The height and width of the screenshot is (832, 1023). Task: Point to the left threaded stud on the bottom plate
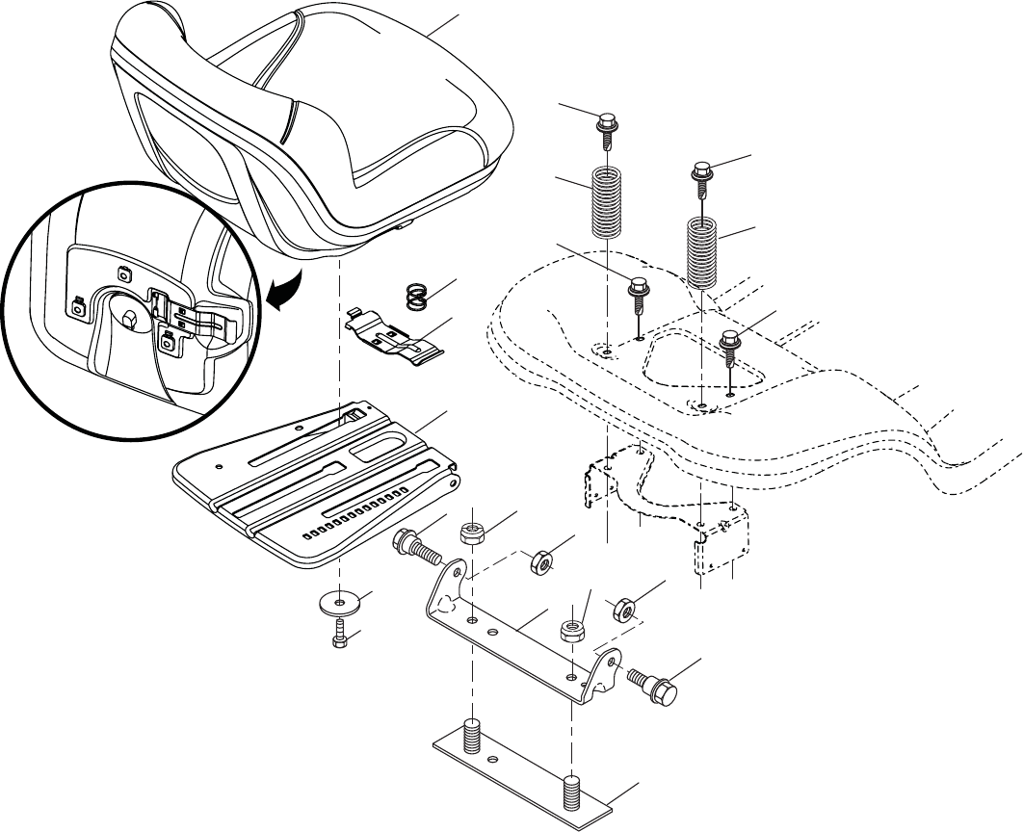472,737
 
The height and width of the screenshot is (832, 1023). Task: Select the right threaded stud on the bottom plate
572,792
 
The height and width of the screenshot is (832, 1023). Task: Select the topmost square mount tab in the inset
123,274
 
